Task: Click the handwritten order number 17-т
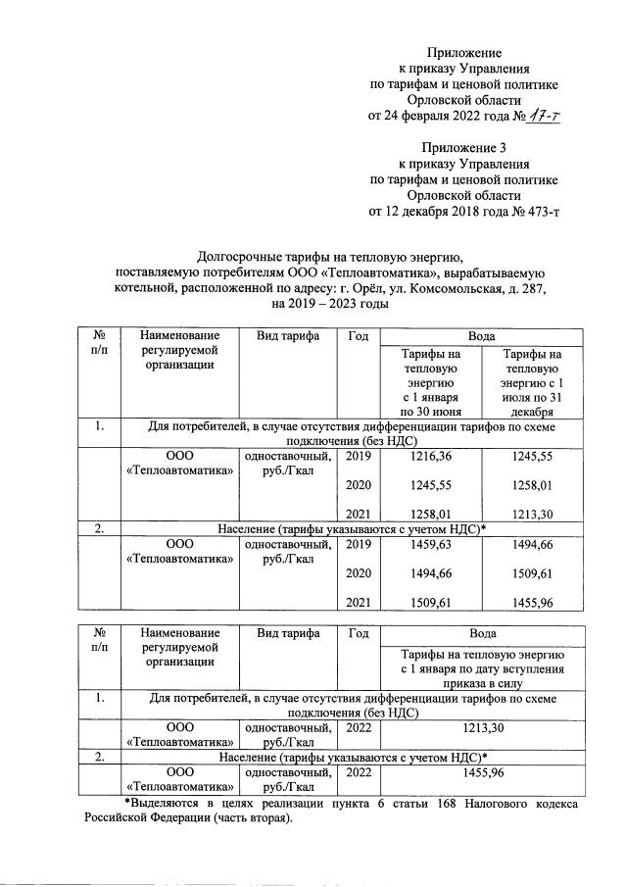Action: [x=544, y=117]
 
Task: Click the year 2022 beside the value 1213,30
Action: [x=359, y=728]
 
